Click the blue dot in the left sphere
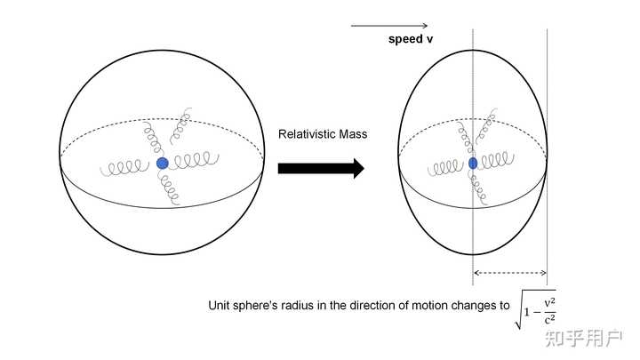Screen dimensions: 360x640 [x=162, y=164]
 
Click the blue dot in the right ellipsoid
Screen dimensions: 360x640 [x=472, y=163]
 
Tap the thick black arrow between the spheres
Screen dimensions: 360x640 [x=321, y=168]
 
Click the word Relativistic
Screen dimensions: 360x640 [x=307, y=134]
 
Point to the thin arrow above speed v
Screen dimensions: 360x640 [x=389, y=26]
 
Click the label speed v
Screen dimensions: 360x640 [x=411, y=40]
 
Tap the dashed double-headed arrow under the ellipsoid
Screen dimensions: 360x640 [x=508, y=272]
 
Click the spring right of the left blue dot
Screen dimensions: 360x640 [x=193, y=161]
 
